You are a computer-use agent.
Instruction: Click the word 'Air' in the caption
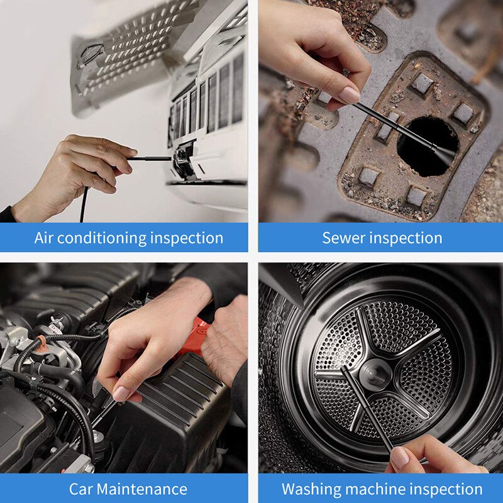(x=46, y=238)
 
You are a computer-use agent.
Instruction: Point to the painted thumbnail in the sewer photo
(x=349, y=94)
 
